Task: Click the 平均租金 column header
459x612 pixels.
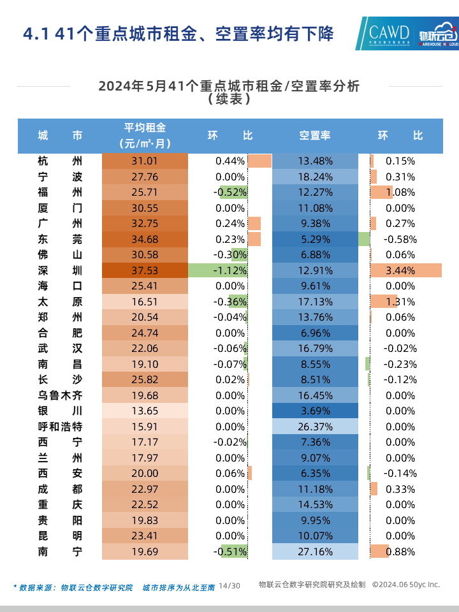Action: tap(145, 135)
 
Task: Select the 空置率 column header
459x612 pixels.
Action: tap(315, 135)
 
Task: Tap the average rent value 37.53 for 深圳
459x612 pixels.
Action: tap(145, 270)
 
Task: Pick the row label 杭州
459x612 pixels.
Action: tap(60, 161)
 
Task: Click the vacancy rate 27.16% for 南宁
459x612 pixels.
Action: tap(315, 551)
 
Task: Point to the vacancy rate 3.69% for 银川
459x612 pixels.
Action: tap(315, 411)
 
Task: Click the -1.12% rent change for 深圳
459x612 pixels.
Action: tap(230, 270)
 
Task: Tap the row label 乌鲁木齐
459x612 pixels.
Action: tap(60, 395)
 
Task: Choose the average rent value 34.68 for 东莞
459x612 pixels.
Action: tap(145, 239)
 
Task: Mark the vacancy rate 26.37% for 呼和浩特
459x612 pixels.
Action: tap(315, 426)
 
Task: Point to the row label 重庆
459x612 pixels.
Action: tap(60, 504)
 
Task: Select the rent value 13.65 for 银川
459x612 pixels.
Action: tap(145, 411)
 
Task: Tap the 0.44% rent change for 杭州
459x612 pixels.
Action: tap(230, 161)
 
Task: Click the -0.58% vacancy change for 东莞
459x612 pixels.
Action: tap(400, 239)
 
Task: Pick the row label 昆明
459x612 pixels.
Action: tap(60, 535)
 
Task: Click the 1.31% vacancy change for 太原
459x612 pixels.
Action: tap(400, 302)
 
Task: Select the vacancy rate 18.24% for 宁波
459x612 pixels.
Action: tap(315, 177)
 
